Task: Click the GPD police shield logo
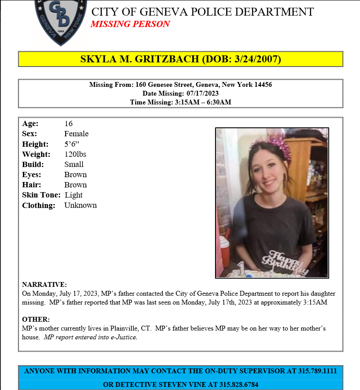(x=61, y=21)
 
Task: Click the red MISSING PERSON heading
(x=130, y=24)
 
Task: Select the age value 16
(x=68, y=123)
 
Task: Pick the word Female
(x=76, y=134)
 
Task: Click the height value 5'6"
(x=72, y=144)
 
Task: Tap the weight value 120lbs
(x=75, y=154)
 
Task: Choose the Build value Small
(x=74, y=164)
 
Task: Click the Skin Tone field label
(x=41, y=195)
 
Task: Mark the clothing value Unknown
(x=80, y=205)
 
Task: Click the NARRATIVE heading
(x=44, y=285)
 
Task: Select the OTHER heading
(x=36, y=319)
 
